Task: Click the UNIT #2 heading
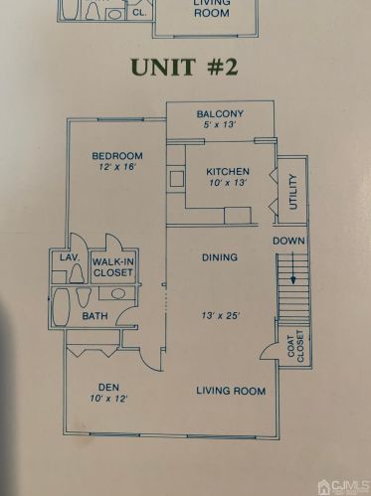pyautogui.click(x=184, y=67)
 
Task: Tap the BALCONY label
pyautogui.click(x=220, y=114)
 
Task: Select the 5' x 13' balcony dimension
pyautogui.click(x=220, y=125)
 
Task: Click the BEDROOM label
pyautogui.click(x=117, y=156)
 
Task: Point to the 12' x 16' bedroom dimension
pyautogui.click(x=117, y=166)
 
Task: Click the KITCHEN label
pyautogui.click(x=228, y=172)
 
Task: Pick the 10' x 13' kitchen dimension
pyautogui.click(x=228, y=183)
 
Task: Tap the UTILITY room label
pyautogui.click(x=293, y=192)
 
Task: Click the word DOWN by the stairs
pyautogui.click(x=288, y=241)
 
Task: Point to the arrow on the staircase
pyautogui.click(x=292, y=267)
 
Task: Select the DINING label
pyautogui.click(x=220, y=257)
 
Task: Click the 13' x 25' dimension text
pyautogui.click(x=220, y=315)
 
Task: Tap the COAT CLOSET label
pyautogui.click(x=295, y=346)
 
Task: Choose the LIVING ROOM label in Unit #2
pyautogui.click(x=231, y=391)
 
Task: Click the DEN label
pyautogui.click(x=108, y=387)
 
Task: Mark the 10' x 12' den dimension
pyautogui.click(x=108, y=399)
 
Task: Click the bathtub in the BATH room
pyautogui.click(x=61, y=307)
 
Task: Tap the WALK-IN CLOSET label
pyautogui.click(x=112, y=267)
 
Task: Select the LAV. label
pyautogui.click(x=71, y=257)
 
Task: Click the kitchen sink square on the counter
pyautogui.click(x=177, y=179)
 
